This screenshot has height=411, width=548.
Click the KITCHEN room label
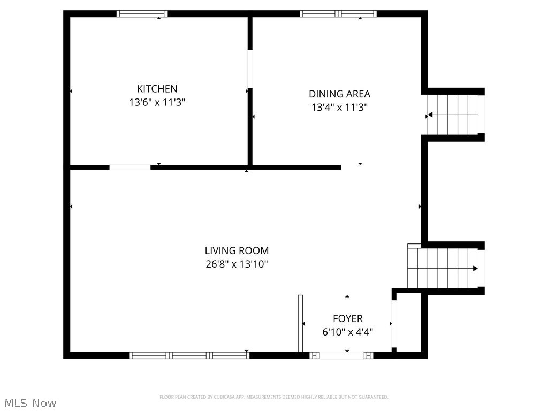click(x=157, y=89)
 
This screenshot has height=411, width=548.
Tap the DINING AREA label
click(x=339, y=94)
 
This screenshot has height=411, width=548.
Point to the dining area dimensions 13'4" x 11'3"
click(x=339, y=107)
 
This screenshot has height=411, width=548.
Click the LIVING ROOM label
click(x=237, y=250)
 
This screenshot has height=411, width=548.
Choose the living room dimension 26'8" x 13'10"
click(x=237, y=264)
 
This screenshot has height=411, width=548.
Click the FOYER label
click(x=347, y=318)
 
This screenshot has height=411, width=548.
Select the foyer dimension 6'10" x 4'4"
click(x=347, y=332)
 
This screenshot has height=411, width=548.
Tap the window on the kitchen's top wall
click(x=142, y=14)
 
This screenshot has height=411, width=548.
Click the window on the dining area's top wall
click(x=338, y=14)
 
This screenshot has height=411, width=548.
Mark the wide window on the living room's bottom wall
click(x=189, y=355)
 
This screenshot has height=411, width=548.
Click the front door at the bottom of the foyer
click(x=342, y=355)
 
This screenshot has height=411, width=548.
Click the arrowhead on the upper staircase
click(x=430, y=115)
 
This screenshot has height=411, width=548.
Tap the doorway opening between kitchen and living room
click(x=130, y=168)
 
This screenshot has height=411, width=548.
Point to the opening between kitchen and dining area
click(x=250, y=69)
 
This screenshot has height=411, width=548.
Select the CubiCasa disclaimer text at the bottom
click(x=273, y=397)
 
